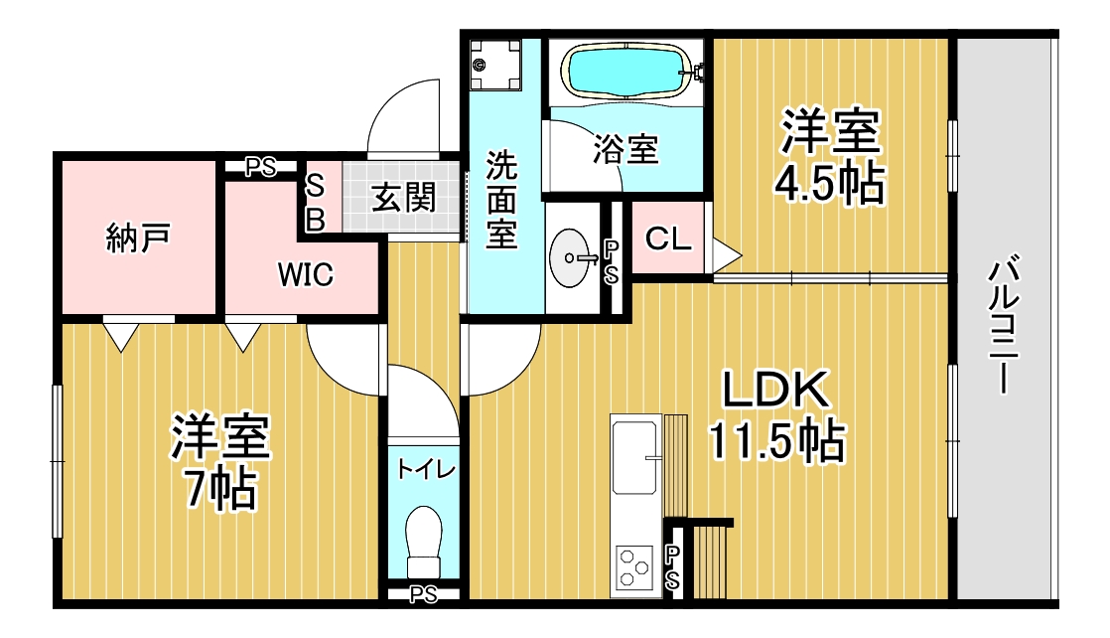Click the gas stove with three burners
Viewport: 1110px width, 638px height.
634,567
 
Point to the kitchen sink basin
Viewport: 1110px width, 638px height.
634,457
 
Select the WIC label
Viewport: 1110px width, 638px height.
306,275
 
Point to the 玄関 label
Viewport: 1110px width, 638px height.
403,198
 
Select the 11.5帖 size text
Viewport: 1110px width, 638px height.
775,440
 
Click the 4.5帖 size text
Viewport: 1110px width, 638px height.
831,183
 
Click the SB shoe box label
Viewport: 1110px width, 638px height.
314,203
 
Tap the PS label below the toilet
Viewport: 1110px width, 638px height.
424,594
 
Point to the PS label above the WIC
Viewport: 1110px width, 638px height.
261,167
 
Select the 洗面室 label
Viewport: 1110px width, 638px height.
502,200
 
